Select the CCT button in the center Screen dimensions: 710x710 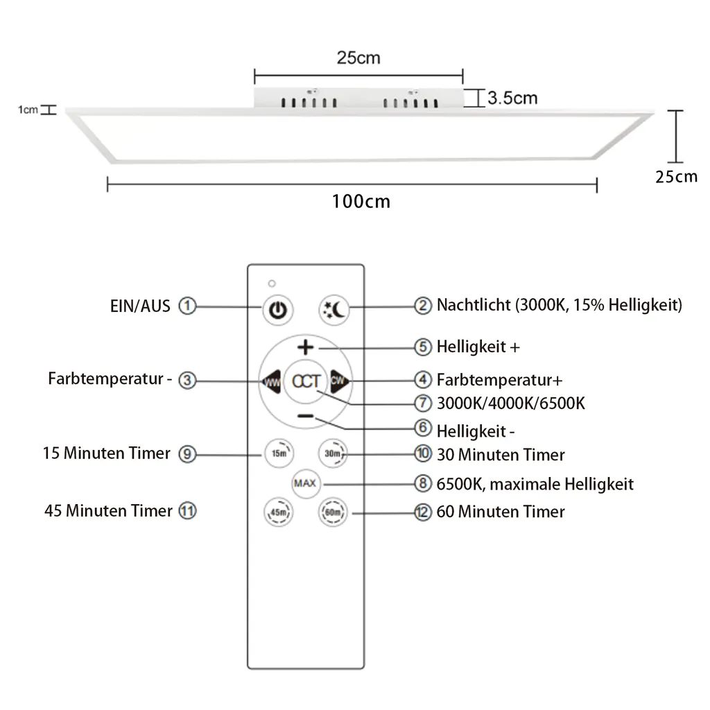click(x=306, y=381)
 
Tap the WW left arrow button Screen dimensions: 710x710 click(x=270, y=381)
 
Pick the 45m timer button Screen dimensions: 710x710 click(x=277, y=513)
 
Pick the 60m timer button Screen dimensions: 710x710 click(x=331, y=513)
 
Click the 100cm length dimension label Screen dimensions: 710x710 click(x=361, y=202)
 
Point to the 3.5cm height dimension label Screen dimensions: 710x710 click(x=512, y=98)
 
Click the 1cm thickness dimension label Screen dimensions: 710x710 click(x=28, y=110)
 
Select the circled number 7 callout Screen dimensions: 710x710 click(x=423, y=403)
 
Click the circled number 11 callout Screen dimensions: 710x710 click(x=187, y=511)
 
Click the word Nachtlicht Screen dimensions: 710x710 click(x=474, y=305)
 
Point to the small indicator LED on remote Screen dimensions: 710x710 click(x=272, y=284)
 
